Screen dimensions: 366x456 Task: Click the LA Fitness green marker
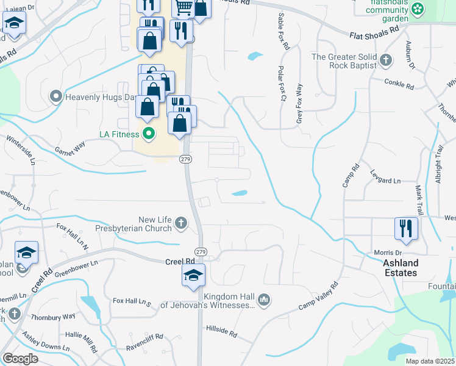[148, 134]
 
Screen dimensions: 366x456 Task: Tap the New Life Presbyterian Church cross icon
[181, 224]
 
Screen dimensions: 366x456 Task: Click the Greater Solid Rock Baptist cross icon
[385, 60]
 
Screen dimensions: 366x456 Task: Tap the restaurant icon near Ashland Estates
[406, 229]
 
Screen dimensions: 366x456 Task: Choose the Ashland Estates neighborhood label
[401, 268]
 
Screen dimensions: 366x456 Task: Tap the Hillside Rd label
[221, 331]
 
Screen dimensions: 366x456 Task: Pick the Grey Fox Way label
[299, 104]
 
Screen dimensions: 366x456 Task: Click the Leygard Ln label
[385, 181]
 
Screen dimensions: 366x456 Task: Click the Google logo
[20, 359]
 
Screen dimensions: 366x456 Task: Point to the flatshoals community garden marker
[418, 9]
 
